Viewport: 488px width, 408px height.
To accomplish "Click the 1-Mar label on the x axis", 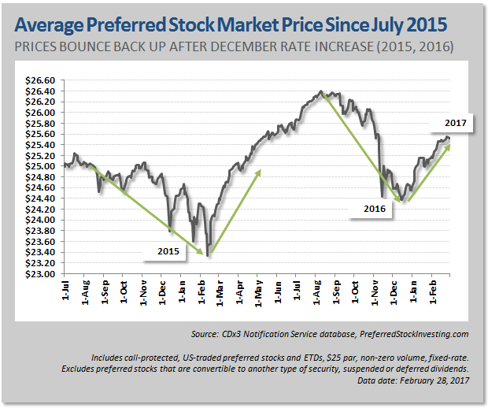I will (220, 293).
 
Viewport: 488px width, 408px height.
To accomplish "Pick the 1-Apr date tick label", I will (240, 293).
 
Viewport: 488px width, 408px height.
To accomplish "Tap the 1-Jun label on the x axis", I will (279, 293).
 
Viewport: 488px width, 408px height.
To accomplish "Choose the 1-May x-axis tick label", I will (259, 293).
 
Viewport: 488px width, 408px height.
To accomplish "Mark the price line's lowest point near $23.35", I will (209, 255).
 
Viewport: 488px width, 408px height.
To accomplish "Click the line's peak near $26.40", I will (321, 91).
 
